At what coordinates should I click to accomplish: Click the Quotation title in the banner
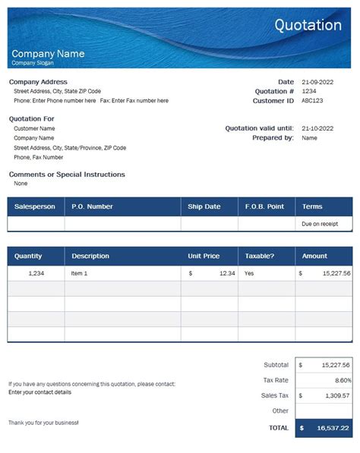(x=308, y=26)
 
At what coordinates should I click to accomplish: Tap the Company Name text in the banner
(x=48, y=54)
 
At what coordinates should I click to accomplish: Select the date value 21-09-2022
(x=318, y=82)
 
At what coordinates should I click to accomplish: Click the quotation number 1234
(x=309, y=91)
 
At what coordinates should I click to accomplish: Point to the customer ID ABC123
(x=312, y=100)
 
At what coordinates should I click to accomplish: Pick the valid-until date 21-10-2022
(x=318, y=128)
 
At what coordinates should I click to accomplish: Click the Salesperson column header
(x=35, y=206)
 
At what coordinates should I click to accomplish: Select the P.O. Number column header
(x=92, y=206)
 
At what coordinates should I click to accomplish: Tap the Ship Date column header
(x=204, y=206)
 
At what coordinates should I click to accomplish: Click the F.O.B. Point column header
(x=264, y=206)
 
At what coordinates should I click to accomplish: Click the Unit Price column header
(x=204, y=256)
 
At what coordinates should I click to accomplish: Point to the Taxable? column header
(x=259, y=256)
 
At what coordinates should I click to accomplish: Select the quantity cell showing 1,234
(x=36, y=273)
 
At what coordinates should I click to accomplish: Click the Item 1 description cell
(x=80, y=273)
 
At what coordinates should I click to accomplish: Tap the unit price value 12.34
(x=226, y=273)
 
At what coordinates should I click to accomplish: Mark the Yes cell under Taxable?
(x=249, y=273)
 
